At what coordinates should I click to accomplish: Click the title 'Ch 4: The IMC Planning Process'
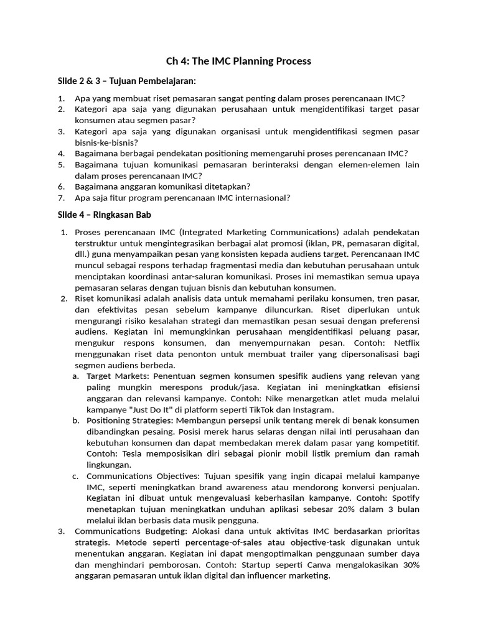238,61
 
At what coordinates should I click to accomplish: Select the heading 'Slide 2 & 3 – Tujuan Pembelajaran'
126,81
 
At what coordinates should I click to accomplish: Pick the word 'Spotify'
403,498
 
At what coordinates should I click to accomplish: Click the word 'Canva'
319,564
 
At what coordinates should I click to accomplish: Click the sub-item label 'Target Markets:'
118,376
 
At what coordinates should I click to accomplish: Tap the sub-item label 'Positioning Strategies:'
131,421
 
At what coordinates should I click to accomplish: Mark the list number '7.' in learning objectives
61,198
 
